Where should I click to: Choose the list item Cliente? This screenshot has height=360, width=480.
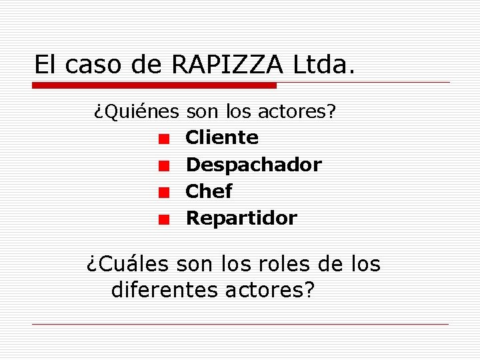pos(222,137)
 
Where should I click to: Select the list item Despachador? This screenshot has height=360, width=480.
pos(253,165)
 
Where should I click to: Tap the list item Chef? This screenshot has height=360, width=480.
pos(209,191)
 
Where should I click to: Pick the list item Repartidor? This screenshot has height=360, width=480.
pos(241,218)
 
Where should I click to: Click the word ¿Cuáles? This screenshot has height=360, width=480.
pos(128,265)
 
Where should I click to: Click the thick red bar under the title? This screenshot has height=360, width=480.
pos(155,85)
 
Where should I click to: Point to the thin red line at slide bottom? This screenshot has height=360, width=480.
pos(240,325)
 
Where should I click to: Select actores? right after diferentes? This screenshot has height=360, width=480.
pos(271,291)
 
